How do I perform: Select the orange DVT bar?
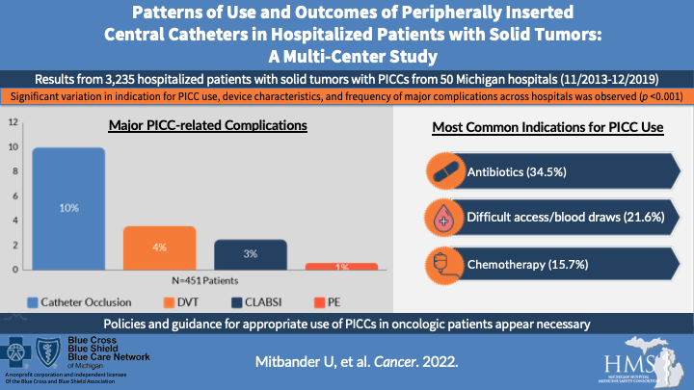tap(158, 247)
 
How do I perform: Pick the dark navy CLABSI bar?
tap(249, 254)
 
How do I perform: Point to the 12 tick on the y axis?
tap(13, 123)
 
